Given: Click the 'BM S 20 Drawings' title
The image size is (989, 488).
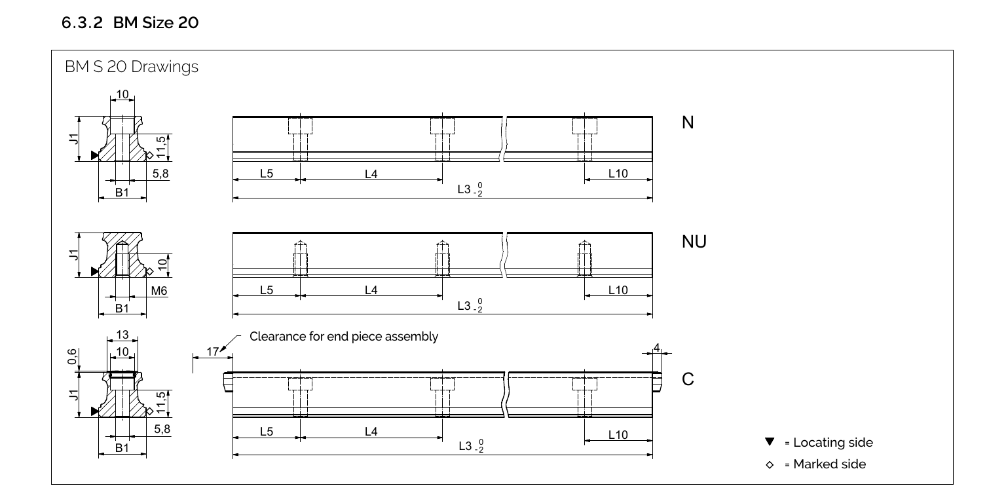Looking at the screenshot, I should pos(132,67).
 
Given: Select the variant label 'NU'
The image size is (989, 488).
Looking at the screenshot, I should pos(694,242).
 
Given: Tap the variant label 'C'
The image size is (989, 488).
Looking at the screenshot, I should pos(688,380).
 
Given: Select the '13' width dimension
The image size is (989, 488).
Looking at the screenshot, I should pos(122,335).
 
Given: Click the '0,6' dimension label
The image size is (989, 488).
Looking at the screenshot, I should pos(72,357).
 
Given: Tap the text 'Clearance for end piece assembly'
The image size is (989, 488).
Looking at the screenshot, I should pos(344,337).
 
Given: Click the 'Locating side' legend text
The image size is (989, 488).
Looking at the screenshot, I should pos(833,443).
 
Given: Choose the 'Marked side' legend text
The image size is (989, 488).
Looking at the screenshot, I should pos(829,464).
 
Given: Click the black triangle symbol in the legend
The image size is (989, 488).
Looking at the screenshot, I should pos(770,442).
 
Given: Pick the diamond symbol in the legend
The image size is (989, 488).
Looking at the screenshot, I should pos(770,464).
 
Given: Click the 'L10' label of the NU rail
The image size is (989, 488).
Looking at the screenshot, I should pos(618,290).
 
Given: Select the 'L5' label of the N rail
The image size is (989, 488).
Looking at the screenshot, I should pos(266,174).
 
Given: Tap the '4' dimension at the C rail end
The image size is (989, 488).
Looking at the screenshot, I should pos(657,348).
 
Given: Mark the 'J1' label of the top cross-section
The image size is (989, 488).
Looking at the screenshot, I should pos(75,138).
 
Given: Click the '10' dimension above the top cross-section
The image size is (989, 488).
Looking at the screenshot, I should pos(122,94).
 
